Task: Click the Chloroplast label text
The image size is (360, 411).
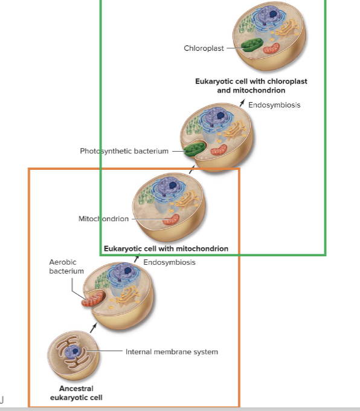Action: [204, 48]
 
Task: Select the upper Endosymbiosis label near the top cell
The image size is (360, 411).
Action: [274, 105]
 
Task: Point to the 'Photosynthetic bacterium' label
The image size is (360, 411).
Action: [124, 150]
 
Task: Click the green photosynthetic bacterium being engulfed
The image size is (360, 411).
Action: [194, 149]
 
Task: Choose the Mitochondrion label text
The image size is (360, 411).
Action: [103, 219]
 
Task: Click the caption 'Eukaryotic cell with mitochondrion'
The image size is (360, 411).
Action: [166, 248]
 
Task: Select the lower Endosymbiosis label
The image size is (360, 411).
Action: [169, 262]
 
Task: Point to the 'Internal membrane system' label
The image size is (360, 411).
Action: [172, 351]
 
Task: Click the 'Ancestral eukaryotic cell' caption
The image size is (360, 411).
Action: [76, 393]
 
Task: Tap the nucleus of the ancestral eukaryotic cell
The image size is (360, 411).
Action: [74, 351]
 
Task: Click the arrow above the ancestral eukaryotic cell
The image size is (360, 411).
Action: [92, 326]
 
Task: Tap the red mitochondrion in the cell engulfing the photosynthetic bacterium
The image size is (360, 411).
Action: [220, 149]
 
